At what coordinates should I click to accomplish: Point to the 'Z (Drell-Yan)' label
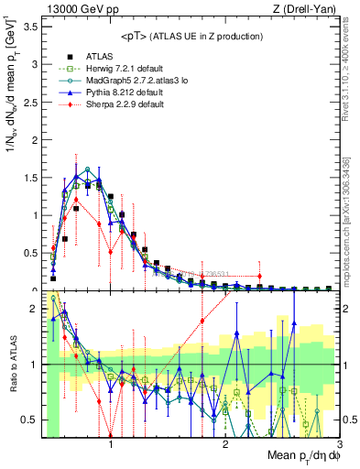(301, 8)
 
